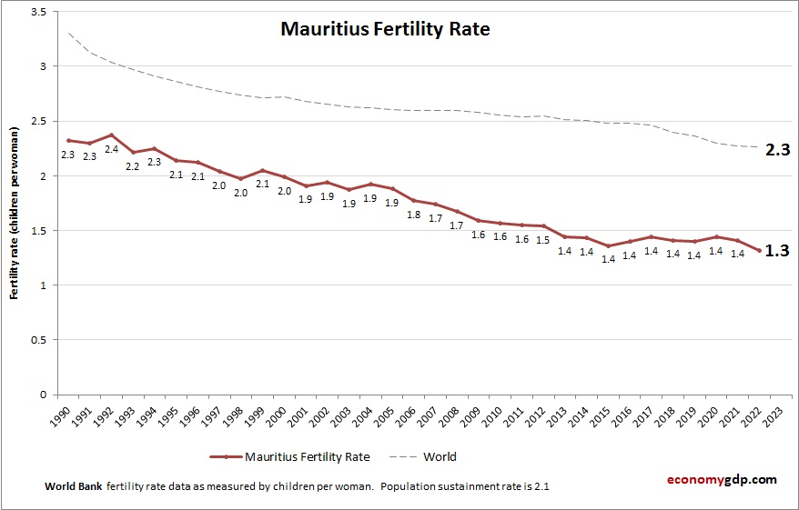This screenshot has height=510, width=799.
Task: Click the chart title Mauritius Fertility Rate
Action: pos(385,29)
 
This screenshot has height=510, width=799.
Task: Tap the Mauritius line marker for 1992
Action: pos(111,135)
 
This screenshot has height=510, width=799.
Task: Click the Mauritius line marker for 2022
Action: pos(759,251)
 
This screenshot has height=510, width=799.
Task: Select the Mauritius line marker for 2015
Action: pos(608,246)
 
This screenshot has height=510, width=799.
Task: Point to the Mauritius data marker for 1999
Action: pos(262,170)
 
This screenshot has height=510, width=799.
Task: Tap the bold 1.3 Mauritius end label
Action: pos(776,251)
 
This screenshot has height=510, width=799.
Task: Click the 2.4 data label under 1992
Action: pos(111,150)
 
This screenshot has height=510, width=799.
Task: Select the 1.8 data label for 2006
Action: pos(413,215)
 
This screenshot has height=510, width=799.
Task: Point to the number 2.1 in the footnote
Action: pos(540,486)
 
